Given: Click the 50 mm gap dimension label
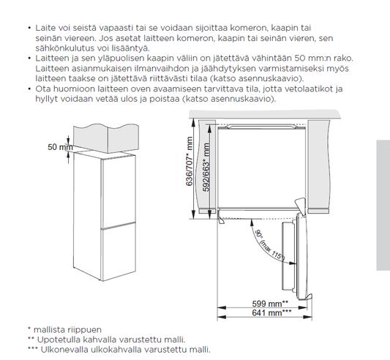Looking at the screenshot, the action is click(60, 147).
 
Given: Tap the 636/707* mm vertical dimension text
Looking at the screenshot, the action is click(190, 161).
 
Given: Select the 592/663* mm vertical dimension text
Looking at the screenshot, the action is click(206, 167).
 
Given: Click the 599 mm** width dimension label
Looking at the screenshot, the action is click(270, 304).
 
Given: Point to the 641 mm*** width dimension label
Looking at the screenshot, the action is click(271, 312).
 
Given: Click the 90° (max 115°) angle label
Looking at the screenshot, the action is click(270, 246).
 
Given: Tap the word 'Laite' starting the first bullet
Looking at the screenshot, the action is click(45, 28).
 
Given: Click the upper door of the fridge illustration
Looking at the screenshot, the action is click(119, 192).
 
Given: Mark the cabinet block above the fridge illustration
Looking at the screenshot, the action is click(106, 138).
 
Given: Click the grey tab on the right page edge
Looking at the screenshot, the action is click(383, 205).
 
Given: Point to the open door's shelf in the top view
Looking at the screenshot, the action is click(288, 256).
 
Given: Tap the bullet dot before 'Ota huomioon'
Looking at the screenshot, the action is click(29, 89).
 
